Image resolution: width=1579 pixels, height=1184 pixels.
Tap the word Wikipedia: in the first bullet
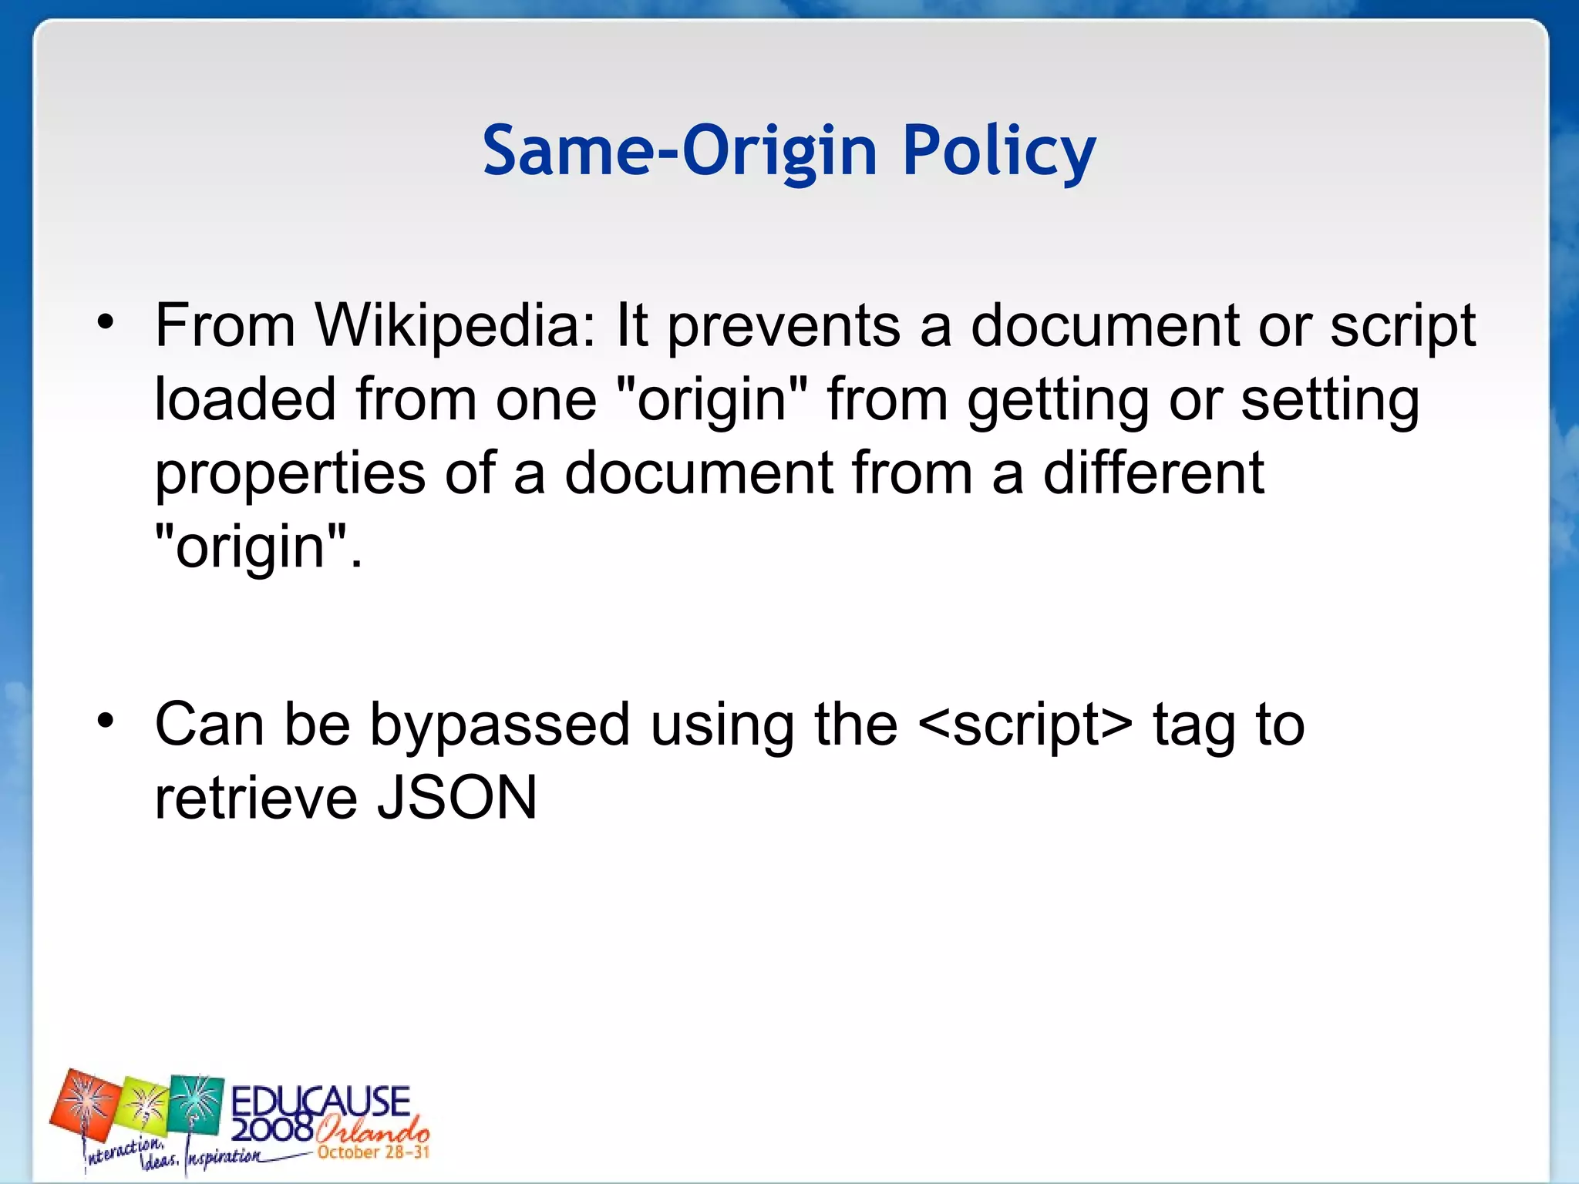point(455,326)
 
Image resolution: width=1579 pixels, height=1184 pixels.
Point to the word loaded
point(245,399)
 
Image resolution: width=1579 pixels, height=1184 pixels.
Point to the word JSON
point(456,798)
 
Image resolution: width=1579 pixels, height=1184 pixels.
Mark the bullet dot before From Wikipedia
point(106,324)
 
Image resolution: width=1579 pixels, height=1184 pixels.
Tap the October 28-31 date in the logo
point(373,1152)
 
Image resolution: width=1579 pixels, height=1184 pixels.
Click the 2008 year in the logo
point(271,1130)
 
